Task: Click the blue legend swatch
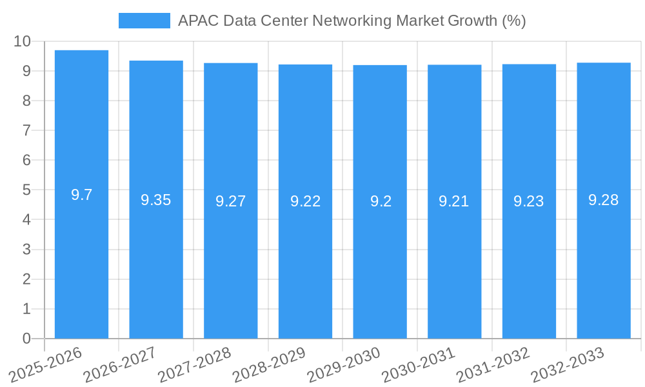(x=144, y=21)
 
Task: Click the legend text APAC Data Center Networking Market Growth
(x=352, y=21)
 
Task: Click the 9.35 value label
(x=156, y=200)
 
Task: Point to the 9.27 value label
(x=231, y=201)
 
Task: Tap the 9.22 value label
(x=305, y=201)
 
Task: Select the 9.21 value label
(x=454, y=201)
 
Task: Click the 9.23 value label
(x=529, y=201)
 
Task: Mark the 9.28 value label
(x=604, y=200)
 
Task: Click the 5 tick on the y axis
(x=26, y=190)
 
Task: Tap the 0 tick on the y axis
(x=26, y=339)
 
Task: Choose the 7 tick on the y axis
(x=26, y=130)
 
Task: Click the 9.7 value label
(x=81, y=195)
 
